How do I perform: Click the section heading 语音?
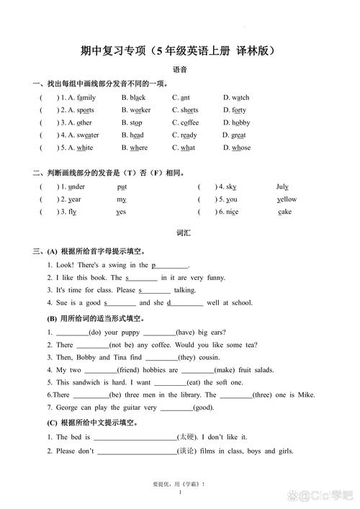181,70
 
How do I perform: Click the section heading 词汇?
181,234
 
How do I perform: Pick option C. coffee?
186,122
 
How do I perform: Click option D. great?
234,135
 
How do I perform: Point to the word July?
282,186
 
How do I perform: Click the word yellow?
287,199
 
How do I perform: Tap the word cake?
284,212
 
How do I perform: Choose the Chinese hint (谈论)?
188,451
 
